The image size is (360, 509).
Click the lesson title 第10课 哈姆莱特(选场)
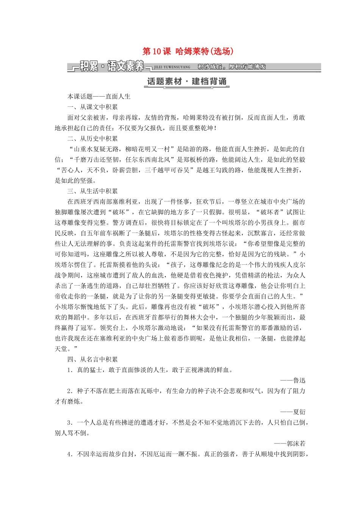tap(188, 52)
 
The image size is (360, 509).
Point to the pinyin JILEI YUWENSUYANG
tap(172, 67)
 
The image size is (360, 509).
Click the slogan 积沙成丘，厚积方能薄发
tap(232, 67)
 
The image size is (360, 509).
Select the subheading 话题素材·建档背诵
tap(187, 81)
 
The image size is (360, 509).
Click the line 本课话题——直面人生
tap(99, 97)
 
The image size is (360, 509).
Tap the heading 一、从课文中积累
tap(92, 107)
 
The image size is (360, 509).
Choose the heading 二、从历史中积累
tap(92, 139)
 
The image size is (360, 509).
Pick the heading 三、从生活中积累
tap(92, 191)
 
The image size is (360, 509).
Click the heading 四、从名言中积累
tap(92, 359)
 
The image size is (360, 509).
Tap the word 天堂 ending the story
tap(61, 349)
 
